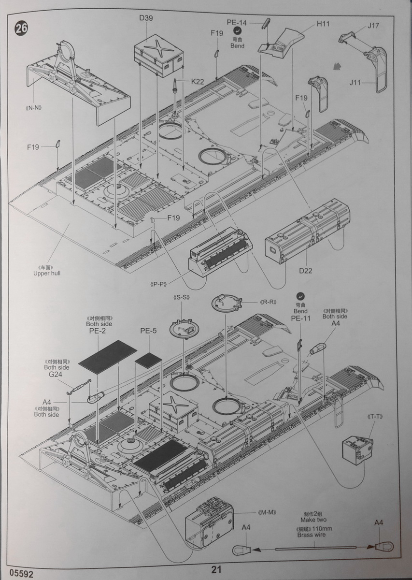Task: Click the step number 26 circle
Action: coord(21,28)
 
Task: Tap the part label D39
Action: coord(146,18)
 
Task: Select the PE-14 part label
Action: coord(237,23)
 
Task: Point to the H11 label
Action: coord(323,23)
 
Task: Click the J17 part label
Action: coord(373,26)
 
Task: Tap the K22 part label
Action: coord(198,82)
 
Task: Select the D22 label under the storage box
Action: coord(305,271)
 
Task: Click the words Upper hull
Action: coord(47,273)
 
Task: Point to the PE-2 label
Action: coord(98,332)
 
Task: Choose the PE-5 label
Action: coord(148,331)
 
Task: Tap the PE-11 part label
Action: coord(300,319)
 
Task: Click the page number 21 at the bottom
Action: coord(216,570)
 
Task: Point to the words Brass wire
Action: coord(311,535)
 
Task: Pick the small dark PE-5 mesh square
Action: coord(148,359)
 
